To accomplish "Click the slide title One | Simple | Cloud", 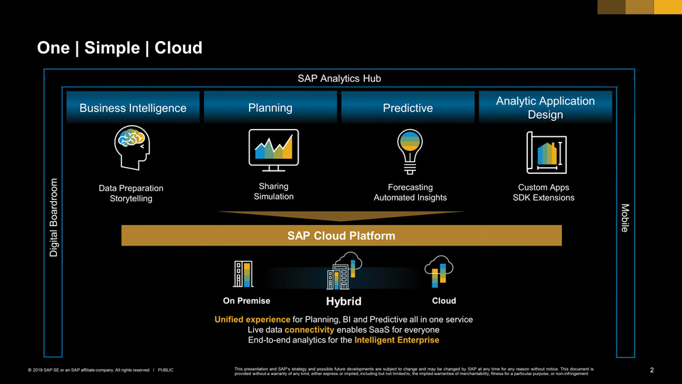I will [119, 48].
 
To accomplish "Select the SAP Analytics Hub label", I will [339, 78].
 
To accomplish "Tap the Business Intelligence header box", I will [133, 108].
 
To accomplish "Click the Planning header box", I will [271, 108].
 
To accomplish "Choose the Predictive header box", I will [408, 108].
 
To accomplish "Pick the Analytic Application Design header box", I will [545, 108].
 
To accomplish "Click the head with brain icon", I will [132, 147].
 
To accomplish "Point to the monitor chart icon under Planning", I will [273, 149].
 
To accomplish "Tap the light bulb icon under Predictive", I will [410, 151].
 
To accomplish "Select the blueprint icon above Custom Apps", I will [546, 153].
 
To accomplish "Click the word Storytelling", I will [131, 199].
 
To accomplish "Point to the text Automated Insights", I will [410, 198].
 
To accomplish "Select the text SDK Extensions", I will [544, 198].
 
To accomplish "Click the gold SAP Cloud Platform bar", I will [341, 236].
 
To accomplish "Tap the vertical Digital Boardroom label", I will [54, 218].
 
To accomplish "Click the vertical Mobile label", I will [625, 218].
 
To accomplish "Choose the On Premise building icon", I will [243, 275].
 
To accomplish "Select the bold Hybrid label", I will [344, 301].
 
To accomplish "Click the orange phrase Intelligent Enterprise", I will [397, 340].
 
